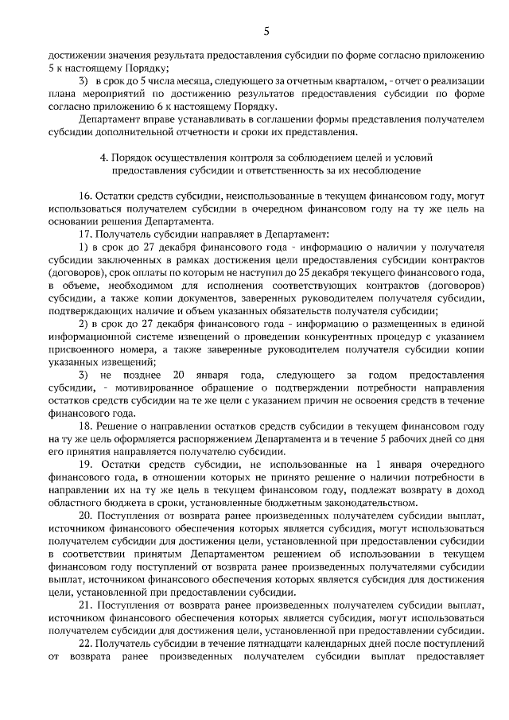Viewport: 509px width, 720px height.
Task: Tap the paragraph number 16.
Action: [x=86, y=196]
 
